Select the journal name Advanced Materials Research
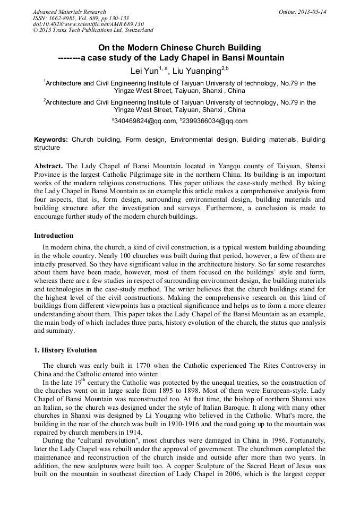69,12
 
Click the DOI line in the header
88,24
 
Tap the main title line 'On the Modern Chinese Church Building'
179,48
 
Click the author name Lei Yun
146,71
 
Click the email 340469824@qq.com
145,121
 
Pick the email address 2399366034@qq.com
215,121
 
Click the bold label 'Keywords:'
51,140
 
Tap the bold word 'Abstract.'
49,166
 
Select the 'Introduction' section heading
54,235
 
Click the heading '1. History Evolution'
65,350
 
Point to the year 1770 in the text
145,366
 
